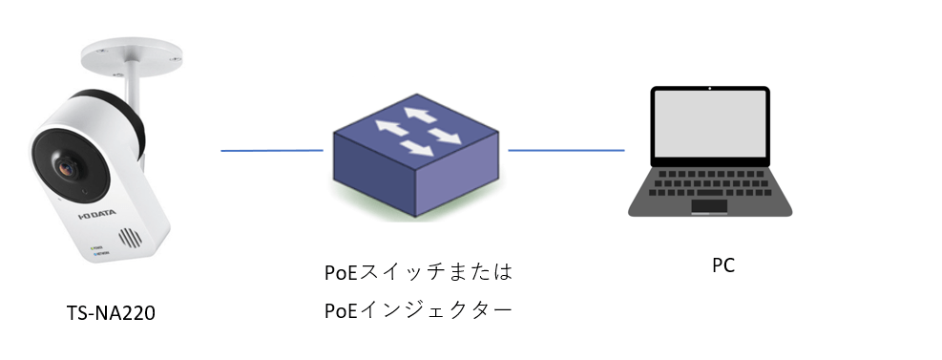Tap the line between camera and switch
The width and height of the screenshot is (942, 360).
coord(272,150)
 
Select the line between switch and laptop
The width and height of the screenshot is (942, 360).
coord(566,150)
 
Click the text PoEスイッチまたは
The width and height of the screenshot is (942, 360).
coord(419,272)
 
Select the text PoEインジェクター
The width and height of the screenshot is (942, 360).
coord(419,310)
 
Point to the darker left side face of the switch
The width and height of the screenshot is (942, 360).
coord(371,178)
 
